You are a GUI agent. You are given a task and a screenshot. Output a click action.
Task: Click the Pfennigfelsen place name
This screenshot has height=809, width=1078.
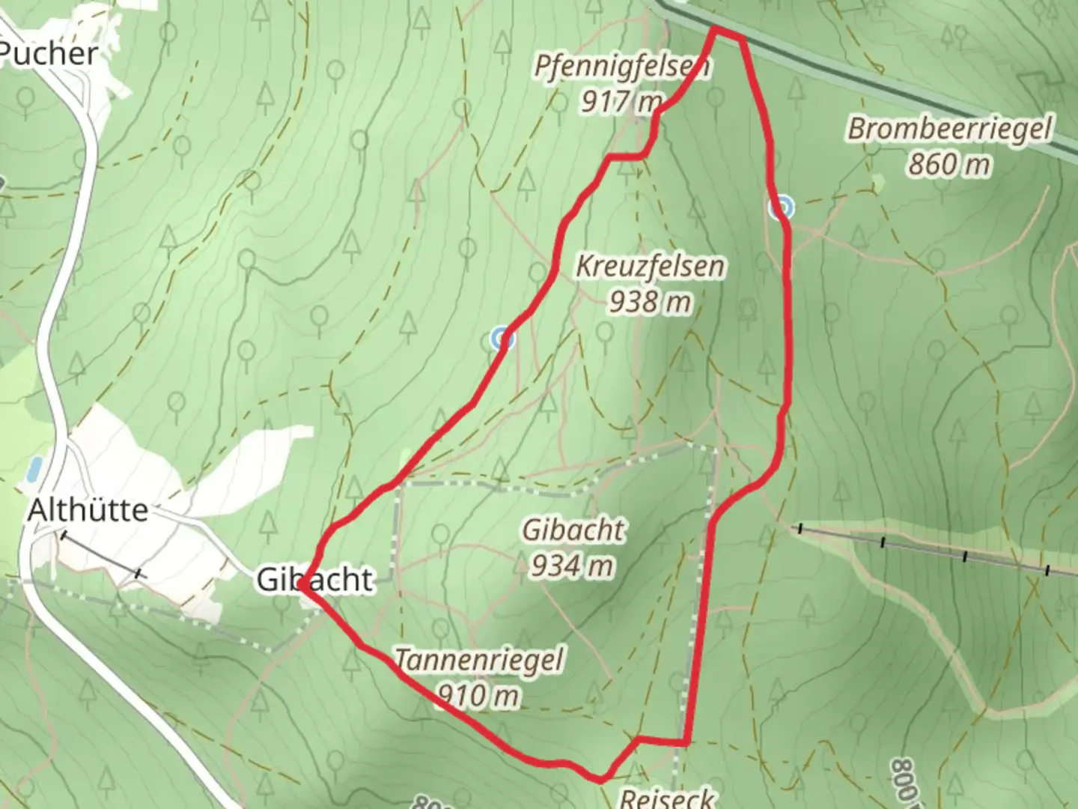click(x=621, y=67)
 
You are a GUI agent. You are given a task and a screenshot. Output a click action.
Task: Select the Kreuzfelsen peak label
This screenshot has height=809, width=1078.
click(x=650, y=266)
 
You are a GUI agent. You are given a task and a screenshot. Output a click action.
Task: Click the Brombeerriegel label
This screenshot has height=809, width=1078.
click(x=949, y=128)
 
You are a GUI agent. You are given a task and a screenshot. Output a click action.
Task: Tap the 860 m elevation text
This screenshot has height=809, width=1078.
click(x=949, y=163)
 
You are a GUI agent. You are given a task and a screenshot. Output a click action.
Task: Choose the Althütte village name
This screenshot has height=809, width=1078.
click(x=88, y=511)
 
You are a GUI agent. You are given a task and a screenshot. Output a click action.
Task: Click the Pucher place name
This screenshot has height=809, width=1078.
click(x=49, y=54)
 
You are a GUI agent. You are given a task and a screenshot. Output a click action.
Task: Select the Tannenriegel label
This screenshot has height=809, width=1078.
click(x=478, y=660)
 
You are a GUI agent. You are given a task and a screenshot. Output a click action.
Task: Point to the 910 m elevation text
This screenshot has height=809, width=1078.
click(x=478, y=696)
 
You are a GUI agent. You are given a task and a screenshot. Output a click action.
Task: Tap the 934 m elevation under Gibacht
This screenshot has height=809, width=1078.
click(x=573, y=566)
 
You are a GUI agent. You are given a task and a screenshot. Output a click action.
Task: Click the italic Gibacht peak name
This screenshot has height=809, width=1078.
click(x=573, y=530)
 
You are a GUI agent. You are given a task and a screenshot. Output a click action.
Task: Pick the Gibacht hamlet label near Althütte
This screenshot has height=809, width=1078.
click(x=314, y=579)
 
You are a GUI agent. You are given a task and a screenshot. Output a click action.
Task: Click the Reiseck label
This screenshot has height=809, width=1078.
click(x=667, y=799)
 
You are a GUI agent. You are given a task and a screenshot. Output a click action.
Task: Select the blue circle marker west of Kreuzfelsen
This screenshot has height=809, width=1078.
click(x=502, y=339)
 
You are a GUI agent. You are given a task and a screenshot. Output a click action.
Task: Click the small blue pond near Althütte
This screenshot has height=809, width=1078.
click(x=34, y=469)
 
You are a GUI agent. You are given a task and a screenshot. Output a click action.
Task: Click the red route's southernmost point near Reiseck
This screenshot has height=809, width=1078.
click(x=600, y=780)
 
